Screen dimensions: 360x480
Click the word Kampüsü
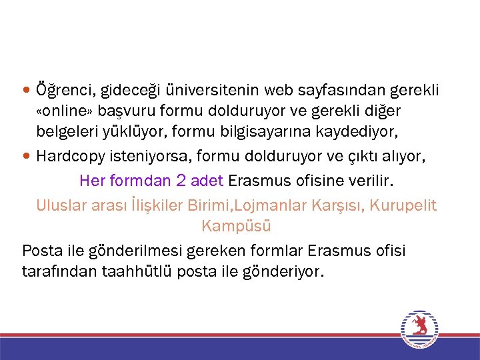click(236, 226)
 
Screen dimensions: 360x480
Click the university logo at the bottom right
click(419, 329)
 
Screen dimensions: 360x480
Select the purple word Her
click(92, 180)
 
